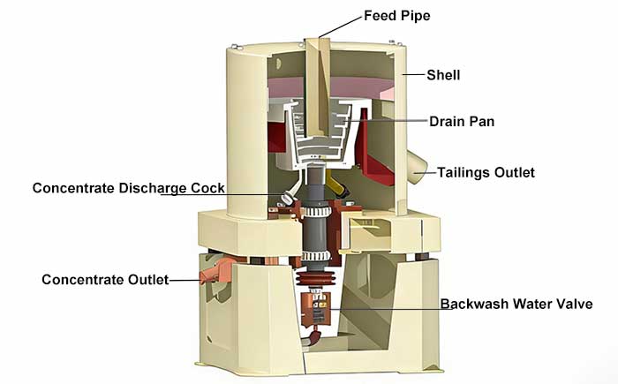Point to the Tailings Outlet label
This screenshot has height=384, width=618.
click(x=486, y=172)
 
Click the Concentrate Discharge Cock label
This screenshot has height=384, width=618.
click(x=129, y=188)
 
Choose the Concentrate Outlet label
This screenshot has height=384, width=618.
click(x=105, y=280)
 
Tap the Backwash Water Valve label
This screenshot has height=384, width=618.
click(x=516, y=305)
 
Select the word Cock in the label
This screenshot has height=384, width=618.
click(x=207, y=188)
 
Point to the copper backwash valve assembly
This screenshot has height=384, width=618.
click(x=311, y=305)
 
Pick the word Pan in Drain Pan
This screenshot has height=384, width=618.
click(x=482, y=121)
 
